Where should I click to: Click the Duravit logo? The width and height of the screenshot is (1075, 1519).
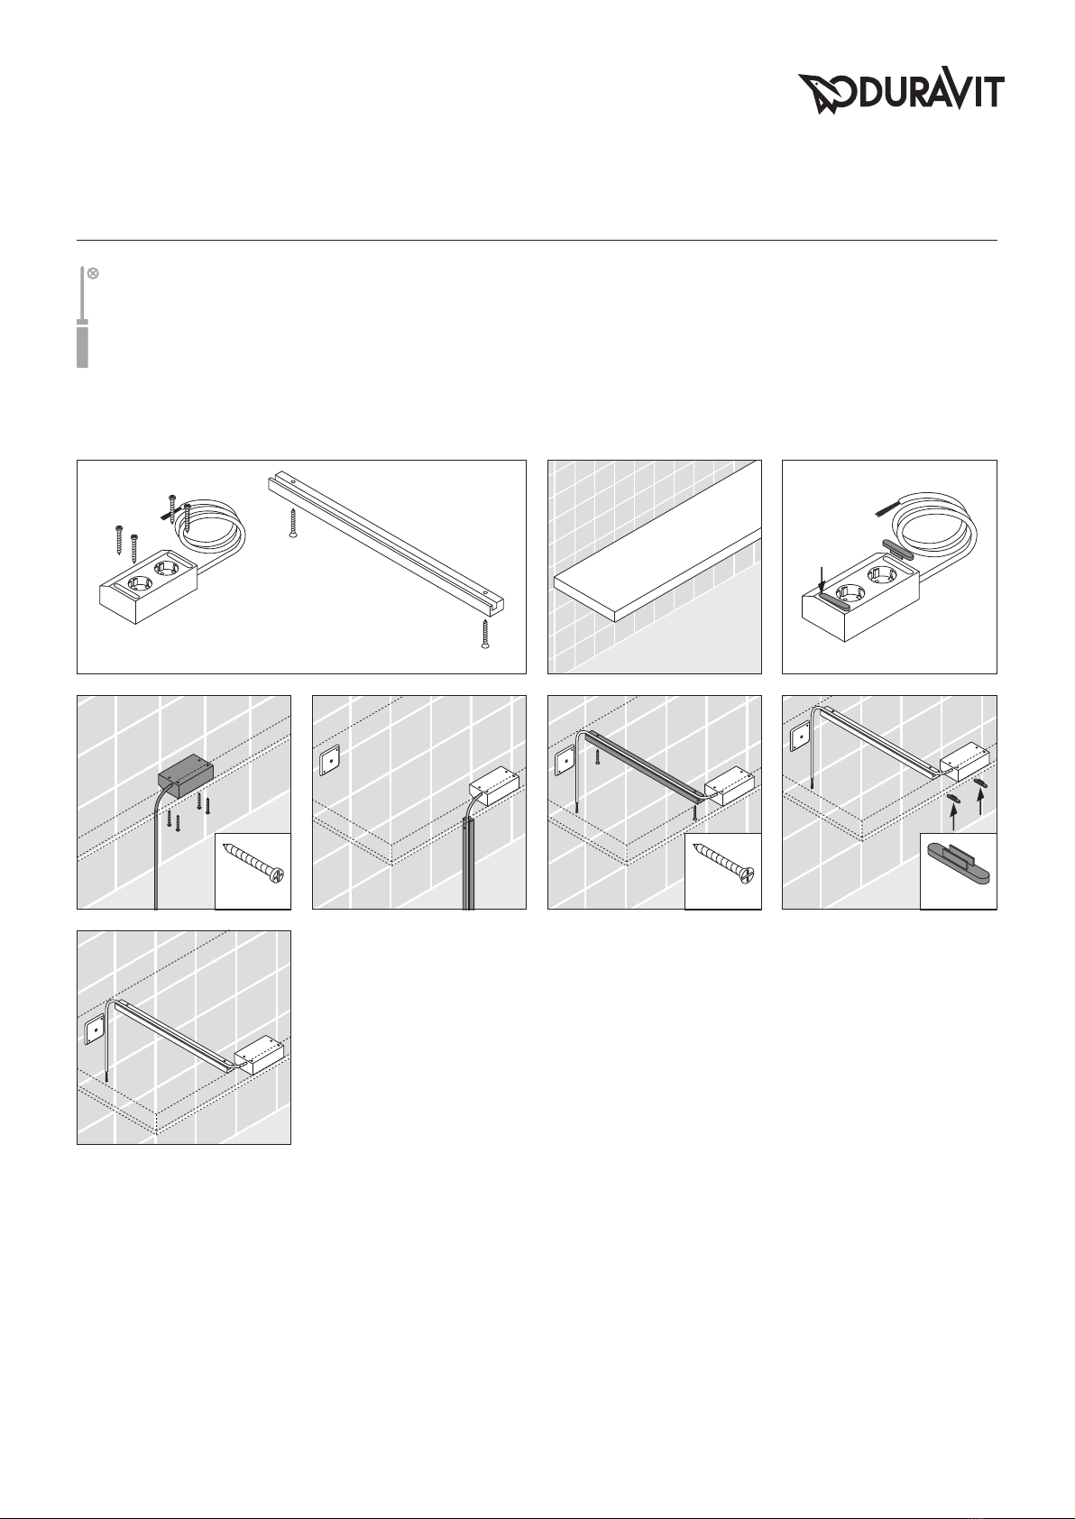pyautogui.click(x=901, y=94)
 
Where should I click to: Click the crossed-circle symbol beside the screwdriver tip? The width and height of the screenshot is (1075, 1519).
pyautogui.click(x=94, y=273)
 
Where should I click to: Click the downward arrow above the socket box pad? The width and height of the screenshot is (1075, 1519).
pyautogui.click(x=821, y=581)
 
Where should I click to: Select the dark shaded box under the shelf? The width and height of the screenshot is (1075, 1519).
pyautogui.click(x=185, y=777)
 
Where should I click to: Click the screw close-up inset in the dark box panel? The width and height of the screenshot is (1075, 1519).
pyautogui.click(x=253, y=870)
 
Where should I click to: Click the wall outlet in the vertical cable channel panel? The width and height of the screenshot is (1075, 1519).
pyautogui.click(x=329, y=762)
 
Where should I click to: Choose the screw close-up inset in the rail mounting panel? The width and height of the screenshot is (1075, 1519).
pyautogui.click(x=722, y=870)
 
